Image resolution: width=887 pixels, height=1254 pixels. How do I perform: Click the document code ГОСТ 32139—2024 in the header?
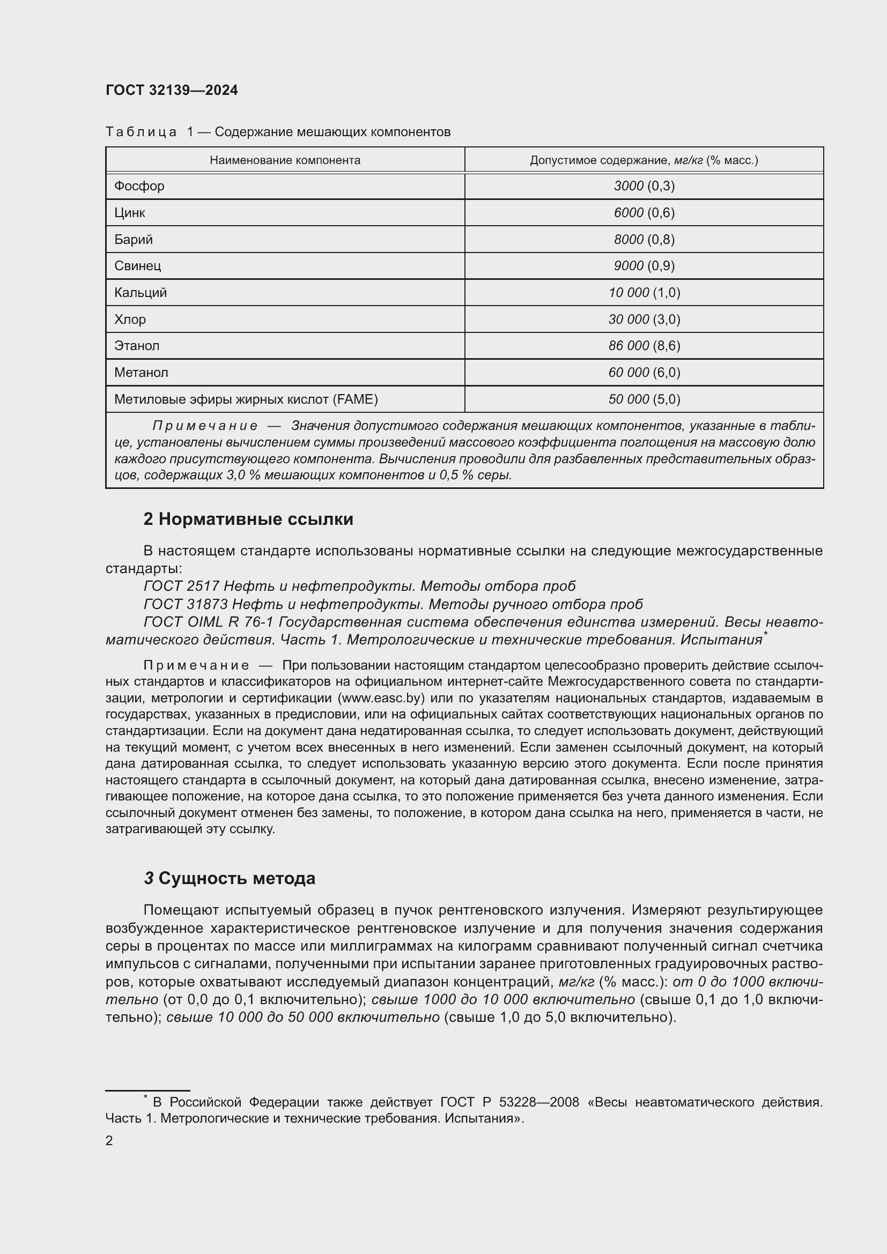click(x=172, y=90)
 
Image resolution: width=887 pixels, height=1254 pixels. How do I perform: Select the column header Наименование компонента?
click(x=285, y=160)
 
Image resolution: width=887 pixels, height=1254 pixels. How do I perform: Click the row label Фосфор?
click(x=139, y=185)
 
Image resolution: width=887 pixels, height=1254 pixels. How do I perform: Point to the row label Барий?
click(x=134, y=239)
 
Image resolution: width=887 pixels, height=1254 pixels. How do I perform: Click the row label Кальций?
click(x=141, y=292)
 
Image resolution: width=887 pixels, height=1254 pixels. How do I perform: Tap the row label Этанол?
click(x=137, y=345)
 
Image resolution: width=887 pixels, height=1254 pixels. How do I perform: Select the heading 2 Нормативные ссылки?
click(x=248, y=519)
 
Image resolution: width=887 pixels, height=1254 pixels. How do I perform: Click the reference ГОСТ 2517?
click(x=181, y=586)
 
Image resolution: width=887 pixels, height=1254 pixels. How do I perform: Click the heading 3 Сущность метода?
click(x=230, y=878)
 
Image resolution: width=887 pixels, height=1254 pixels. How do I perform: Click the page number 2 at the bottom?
click(x=109, y=1140)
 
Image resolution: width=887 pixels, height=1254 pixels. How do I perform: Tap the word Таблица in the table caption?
click(x=141, y=132)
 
